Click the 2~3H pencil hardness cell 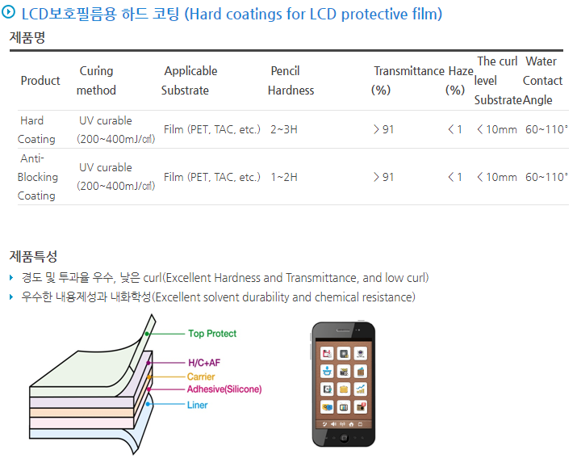pos(284,129)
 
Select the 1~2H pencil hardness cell pos(284,177)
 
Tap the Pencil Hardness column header pos(291,81)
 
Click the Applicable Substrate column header pos(189,81)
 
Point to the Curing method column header pos(96,81)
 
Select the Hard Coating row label pos(36,129)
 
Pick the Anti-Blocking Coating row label pos(38,177)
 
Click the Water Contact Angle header pos(542,81)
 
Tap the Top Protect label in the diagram pos(212,334)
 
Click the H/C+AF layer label pos(204,363)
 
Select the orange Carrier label pos(201,377)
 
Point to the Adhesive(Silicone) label pos(224,389)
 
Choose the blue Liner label pos(197,405)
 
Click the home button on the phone pos(344,438)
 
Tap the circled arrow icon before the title pos(8,12)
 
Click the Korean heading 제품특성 pos(33,257)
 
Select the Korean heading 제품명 pos(27,37)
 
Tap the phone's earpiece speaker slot pos(343,330)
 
